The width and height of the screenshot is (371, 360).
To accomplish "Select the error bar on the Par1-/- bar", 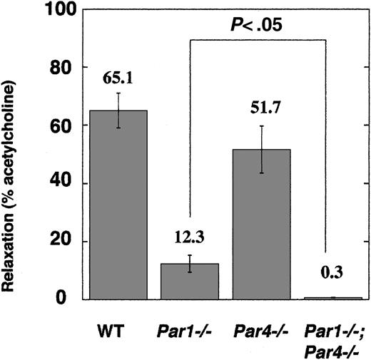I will point(190,263).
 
